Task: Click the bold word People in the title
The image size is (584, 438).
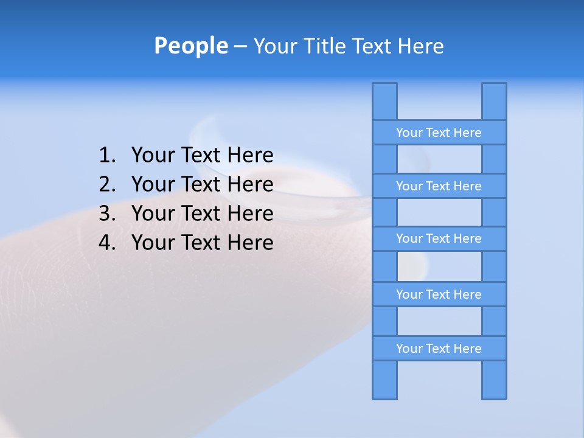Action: click(190, 46)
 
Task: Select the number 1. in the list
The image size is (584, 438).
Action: click(107, 156)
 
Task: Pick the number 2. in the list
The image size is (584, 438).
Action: click(107, 184)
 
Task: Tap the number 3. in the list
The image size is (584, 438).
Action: click(107, 214)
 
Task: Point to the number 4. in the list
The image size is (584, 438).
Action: click(107, 243)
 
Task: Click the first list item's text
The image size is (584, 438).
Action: click(202, 156)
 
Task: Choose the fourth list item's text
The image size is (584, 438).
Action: click(202, 243)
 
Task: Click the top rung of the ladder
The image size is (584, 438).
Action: click(439, 133)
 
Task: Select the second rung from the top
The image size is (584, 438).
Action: click(439, 186)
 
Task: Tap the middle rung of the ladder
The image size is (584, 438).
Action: click(439, 238)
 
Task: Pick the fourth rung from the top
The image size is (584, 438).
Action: click(439, 294)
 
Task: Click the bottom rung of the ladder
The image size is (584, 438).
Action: click(439, 349)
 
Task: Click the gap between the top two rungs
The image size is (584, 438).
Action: click(439, 159)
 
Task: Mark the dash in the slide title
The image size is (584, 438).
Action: click(240, 46)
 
